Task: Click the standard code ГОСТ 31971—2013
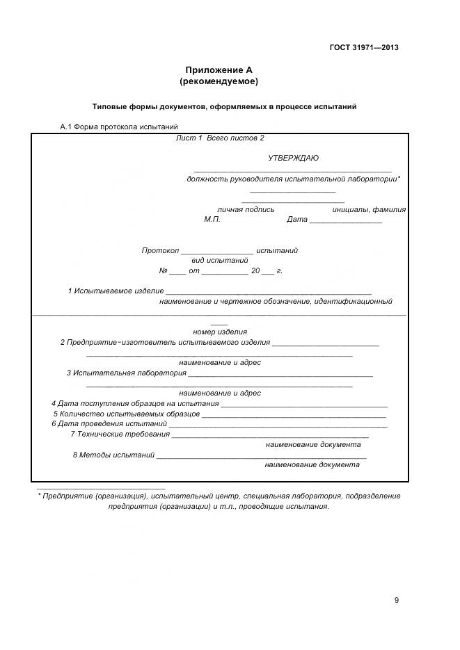364,48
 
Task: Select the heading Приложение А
219,70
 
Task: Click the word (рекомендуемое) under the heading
219,81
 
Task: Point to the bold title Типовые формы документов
225,107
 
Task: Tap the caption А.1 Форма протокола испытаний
120,127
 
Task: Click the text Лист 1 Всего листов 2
221,138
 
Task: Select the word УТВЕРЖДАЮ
293,158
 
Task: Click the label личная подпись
246,209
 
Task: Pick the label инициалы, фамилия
369,209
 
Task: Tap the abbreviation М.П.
212,220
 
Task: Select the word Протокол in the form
160,250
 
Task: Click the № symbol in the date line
164,270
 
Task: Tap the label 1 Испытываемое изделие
116,291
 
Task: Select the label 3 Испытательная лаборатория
126,373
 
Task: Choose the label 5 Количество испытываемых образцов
127,414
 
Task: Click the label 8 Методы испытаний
113,455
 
